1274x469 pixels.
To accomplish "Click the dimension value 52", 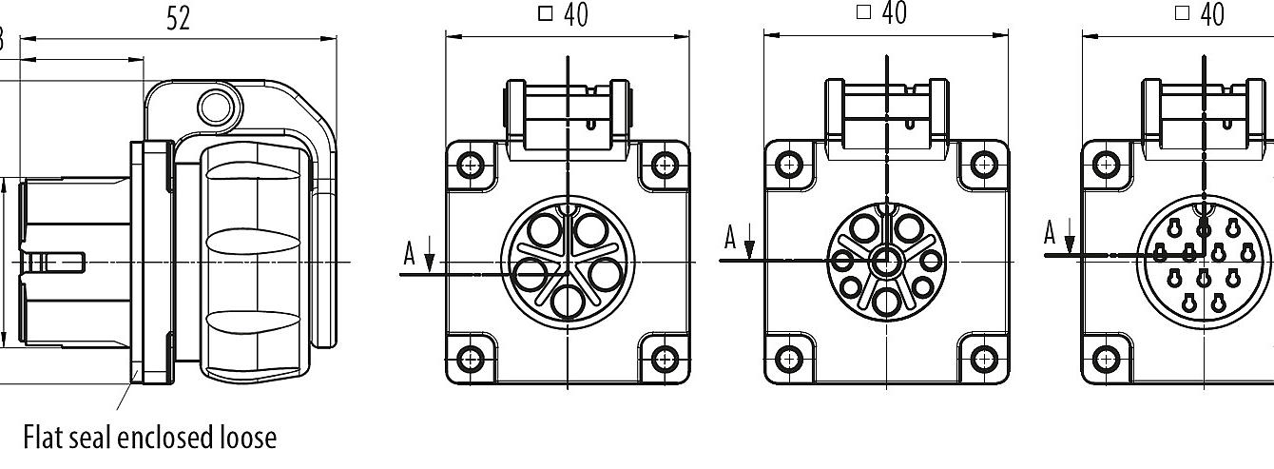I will (178, 20).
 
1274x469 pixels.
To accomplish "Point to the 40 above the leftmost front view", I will (575, 15).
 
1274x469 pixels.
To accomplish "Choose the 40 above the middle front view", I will (894, 13).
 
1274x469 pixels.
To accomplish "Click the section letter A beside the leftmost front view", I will (410, 253).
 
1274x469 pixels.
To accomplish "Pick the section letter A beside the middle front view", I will (730, 238).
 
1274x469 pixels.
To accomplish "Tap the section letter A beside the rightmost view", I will (1051, 233).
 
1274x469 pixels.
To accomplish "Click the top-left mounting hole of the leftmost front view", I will (471, 165).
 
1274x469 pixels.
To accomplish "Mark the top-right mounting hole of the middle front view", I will (982, 165).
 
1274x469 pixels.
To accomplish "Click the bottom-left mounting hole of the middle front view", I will (789, 358).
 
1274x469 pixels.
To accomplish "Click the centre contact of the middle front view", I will (886, 261).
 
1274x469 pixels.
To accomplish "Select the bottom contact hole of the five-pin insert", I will (568, 302).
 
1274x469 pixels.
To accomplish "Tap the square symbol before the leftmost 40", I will (546, 14).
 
